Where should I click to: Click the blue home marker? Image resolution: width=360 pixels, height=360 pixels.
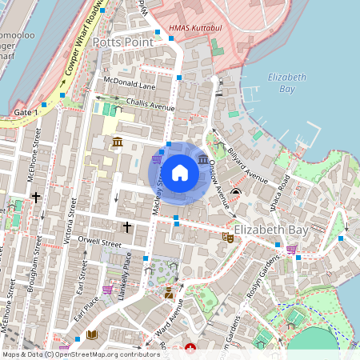click(180, 173)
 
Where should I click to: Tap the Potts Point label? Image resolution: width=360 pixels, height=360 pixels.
click(122, 42)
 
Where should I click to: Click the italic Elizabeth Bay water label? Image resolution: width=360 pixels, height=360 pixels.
click(287, 82)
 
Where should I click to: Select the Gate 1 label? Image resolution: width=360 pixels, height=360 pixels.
click(26, 113)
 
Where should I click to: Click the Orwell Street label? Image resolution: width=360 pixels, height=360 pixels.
click(99, 244)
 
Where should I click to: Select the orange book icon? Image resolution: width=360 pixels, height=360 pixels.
click(92, 334)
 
